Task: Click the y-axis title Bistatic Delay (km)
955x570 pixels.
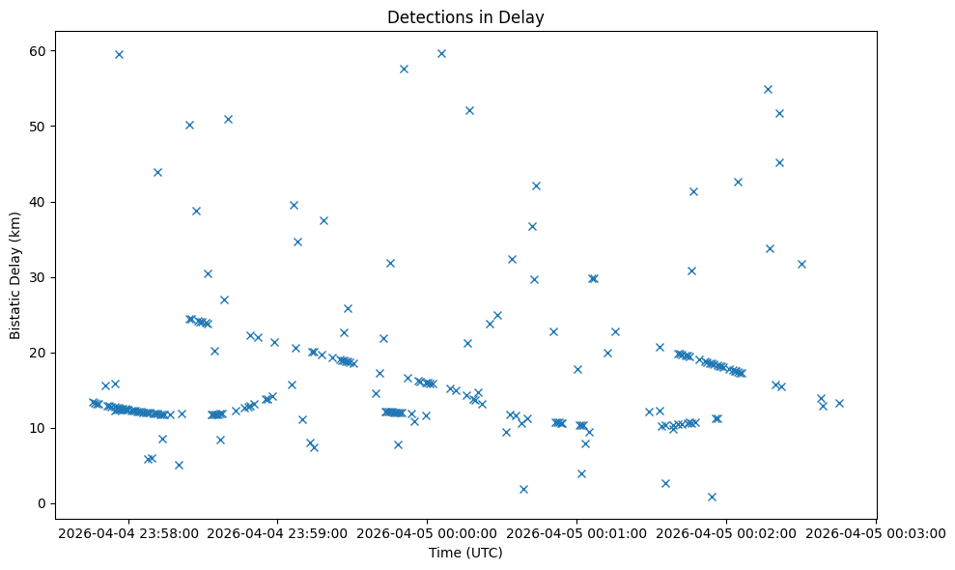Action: [15, 276]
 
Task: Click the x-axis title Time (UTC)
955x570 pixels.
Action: [465, 554]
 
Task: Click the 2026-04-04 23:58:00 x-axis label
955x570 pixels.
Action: [128, 532]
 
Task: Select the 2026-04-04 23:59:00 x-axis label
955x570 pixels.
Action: [278, 532]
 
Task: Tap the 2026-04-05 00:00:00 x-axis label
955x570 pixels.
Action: [428, 532]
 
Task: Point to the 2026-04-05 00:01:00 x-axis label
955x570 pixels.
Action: [577, 532]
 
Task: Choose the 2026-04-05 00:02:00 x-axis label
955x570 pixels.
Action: [727, 532]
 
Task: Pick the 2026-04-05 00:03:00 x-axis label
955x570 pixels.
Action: [877, 532]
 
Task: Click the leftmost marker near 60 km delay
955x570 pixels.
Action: [119, 54]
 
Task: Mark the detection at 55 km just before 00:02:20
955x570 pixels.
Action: [768, 89]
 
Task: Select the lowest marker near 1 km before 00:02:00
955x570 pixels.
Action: [712, 497]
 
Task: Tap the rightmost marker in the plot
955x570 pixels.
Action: [839, 403]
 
